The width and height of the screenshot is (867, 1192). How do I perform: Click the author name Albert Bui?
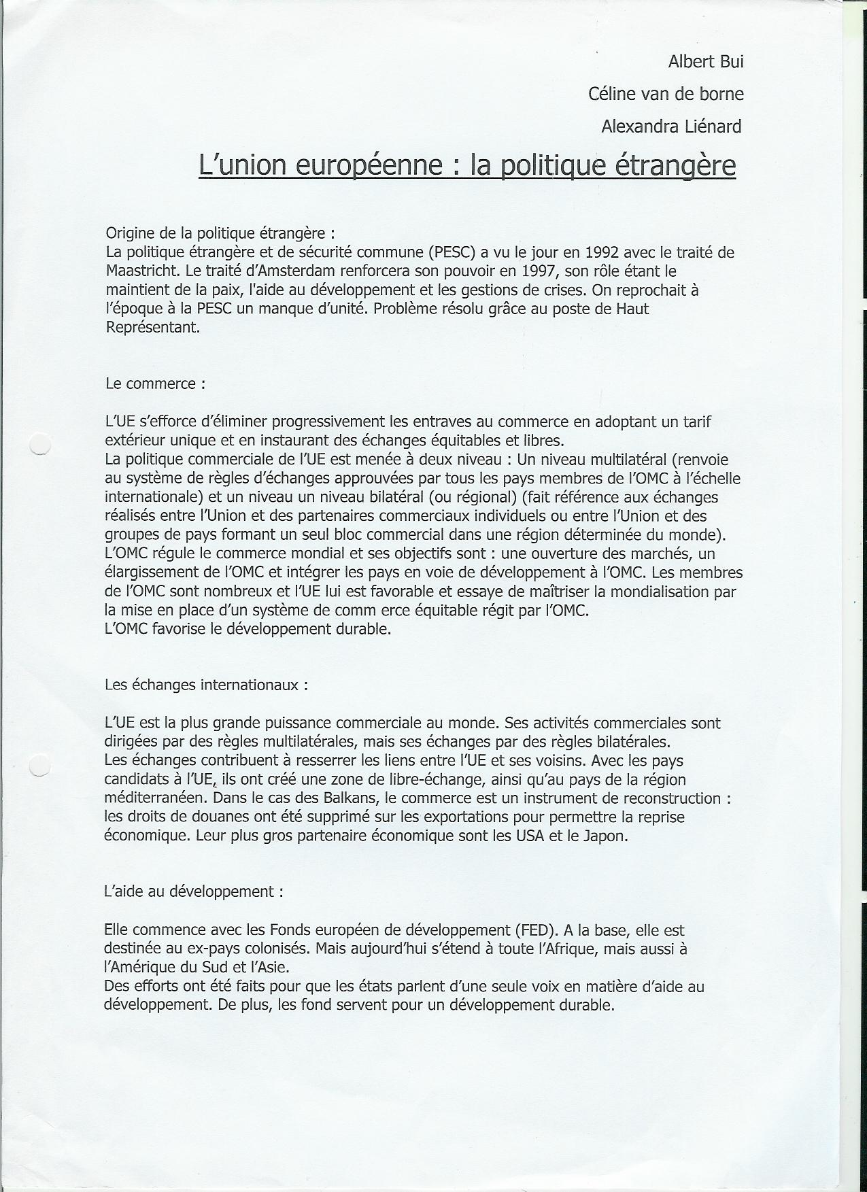tap(706, 62)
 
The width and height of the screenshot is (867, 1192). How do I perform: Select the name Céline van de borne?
tap(666, 94)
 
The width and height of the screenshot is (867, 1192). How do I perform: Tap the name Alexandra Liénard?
tap(671, 126)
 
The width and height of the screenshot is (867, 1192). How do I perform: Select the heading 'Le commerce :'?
tap(155, 383)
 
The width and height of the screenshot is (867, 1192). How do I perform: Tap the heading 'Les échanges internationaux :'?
tap(206, 685)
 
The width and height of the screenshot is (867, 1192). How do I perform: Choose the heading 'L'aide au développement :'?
tap(193, 891)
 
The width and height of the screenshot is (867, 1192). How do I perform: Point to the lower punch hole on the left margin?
tap(41, 766)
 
